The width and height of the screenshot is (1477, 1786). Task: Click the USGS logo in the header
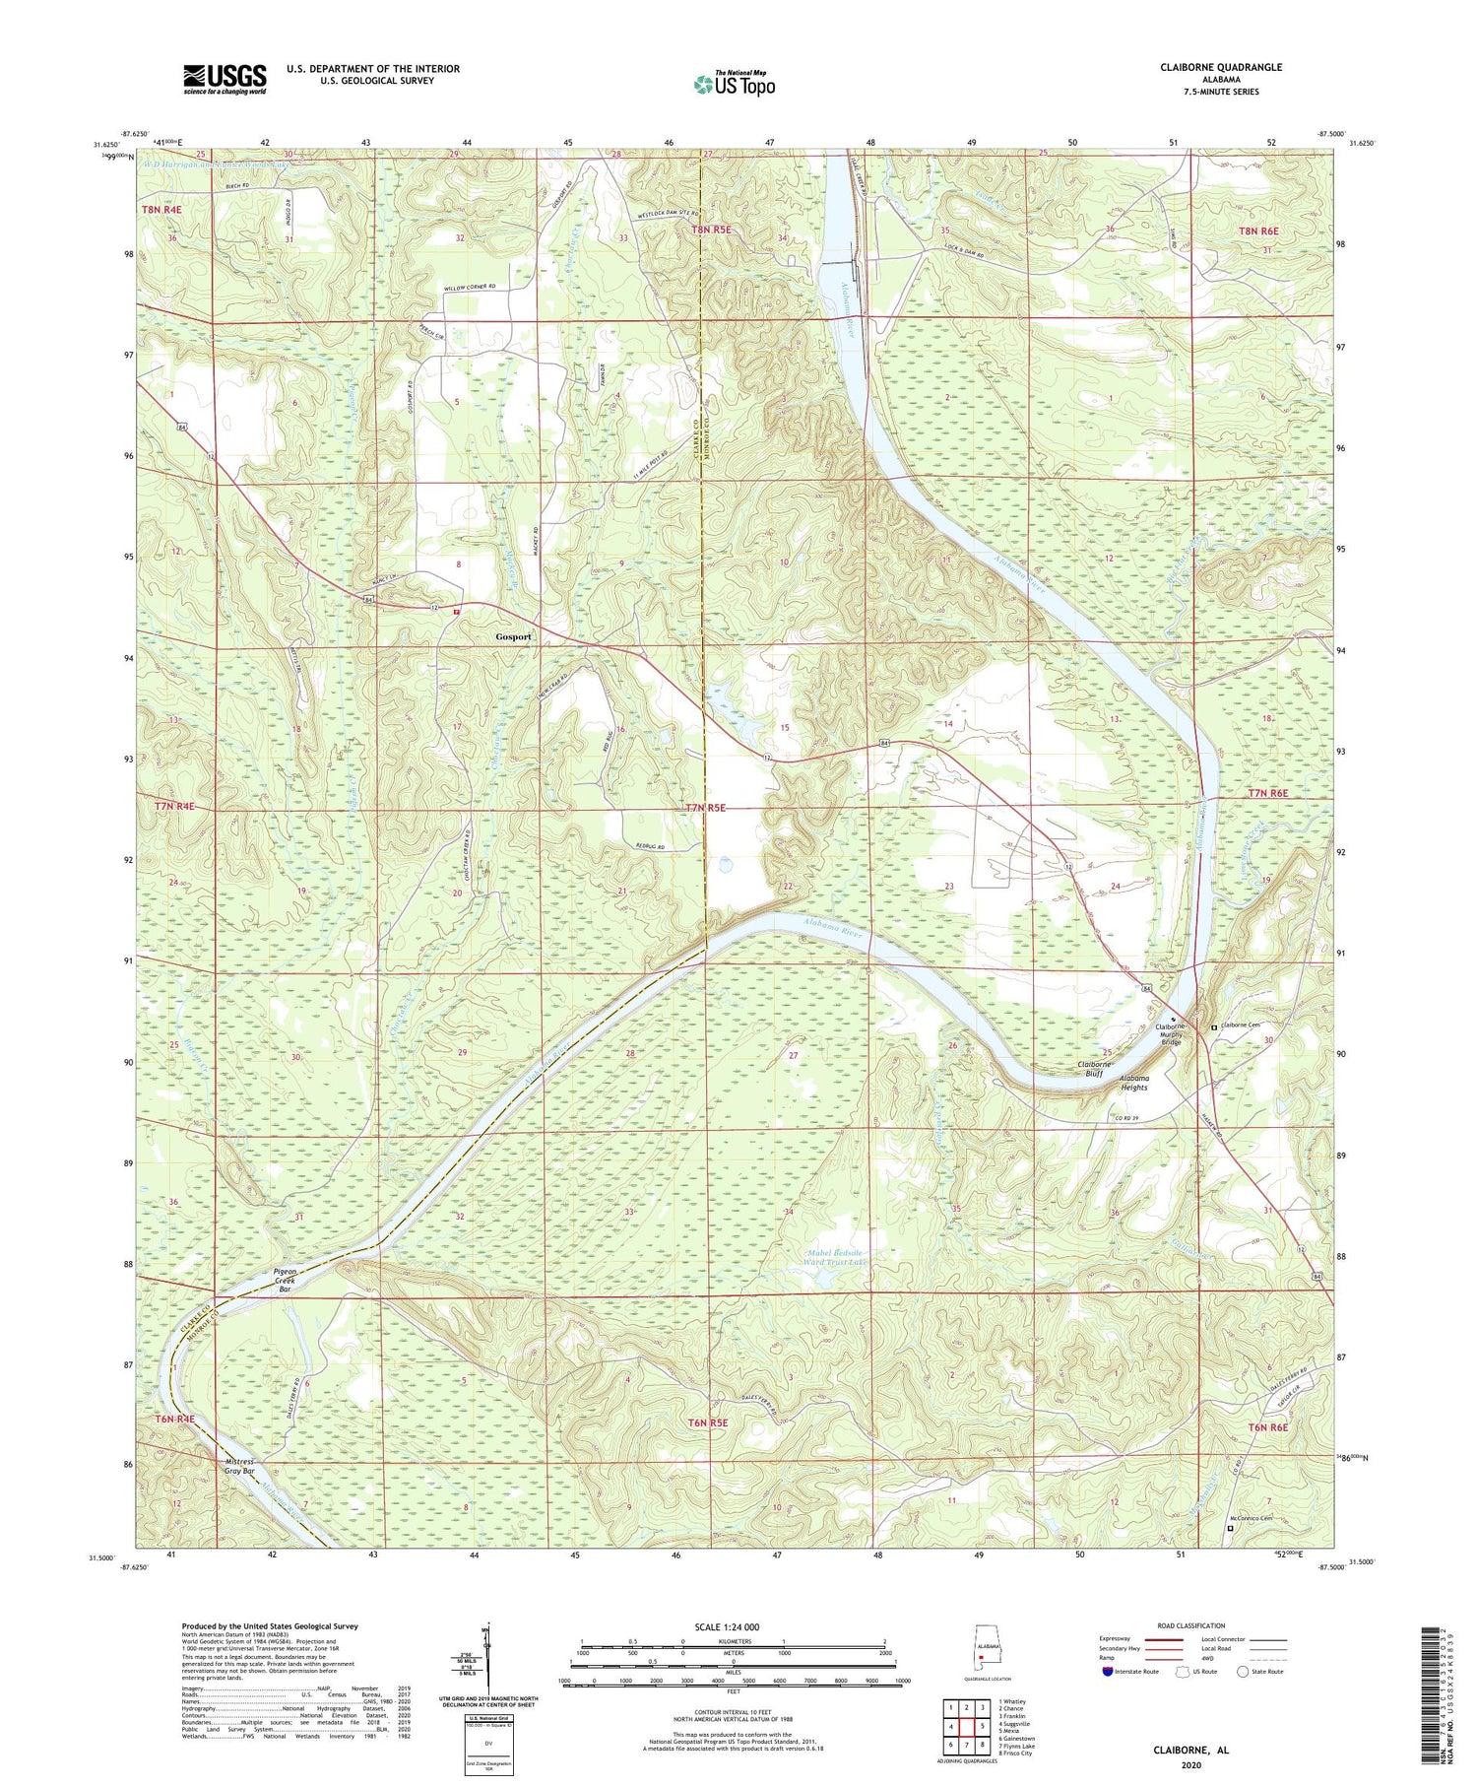[224, 79]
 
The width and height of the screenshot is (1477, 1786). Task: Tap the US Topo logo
[734, 84]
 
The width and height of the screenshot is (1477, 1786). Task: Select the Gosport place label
[513, 637]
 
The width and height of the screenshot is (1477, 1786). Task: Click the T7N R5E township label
[704, 808]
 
